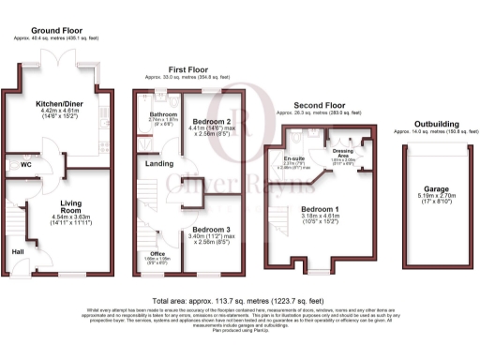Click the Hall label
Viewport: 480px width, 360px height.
16,250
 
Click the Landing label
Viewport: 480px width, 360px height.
157,165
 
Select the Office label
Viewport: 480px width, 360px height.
157,253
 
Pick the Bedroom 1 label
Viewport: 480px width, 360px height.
322,208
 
